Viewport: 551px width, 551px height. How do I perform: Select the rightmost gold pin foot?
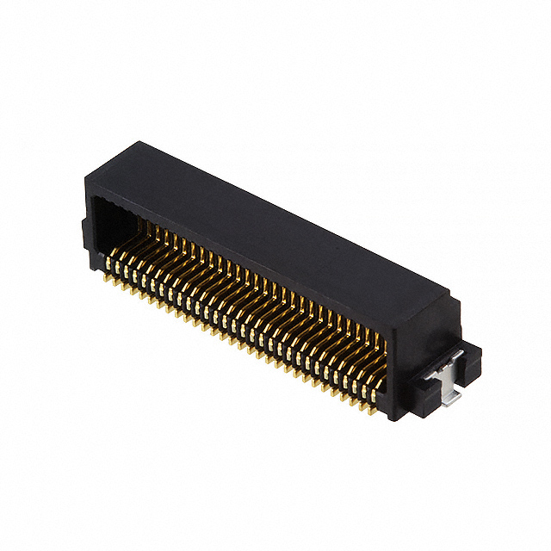point(373,405)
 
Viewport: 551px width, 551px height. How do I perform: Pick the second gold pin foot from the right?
point(364,400)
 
